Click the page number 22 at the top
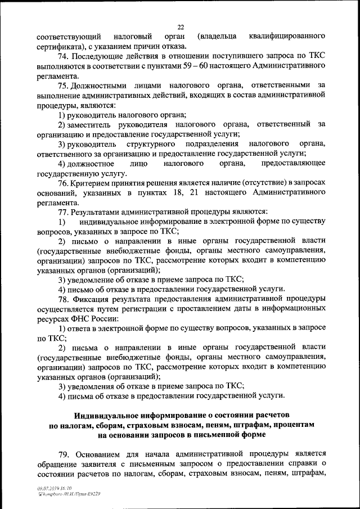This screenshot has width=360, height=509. [x=180, y=26]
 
